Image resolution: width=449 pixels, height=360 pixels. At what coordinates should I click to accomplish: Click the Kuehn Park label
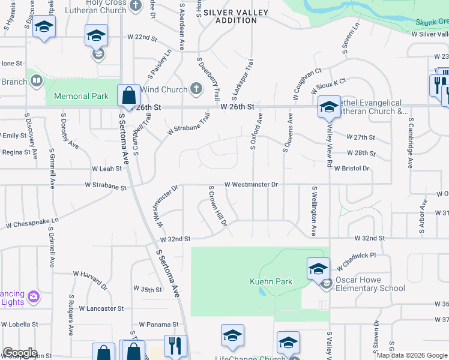pyautogui.click(x=271, y=281)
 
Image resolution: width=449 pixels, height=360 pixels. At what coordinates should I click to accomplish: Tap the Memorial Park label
pyautogui.click(x=81, y=96)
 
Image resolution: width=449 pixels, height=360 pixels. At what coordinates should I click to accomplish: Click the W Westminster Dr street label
pyautogui.click(x=252, y=185)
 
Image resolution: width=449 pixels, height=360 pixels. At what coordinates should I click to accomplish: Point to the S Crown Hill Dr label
pyautogui.click(x=217, y=206)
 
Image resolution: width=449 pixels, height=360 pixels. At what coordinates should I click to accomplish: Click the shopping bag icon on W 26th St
pyautogui.click(x=128, y=95)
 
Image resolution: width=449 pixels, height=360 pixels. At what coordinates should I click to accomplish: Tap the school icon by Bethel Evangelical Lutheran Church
pyautogui.click(x=329, y=107)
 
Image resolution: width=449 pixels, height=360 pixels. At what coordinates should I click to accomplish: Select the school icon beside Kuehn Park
pyautogui.click(x=318, y=268)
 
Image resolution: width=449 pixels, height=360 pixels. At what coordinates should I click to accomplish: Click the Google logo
pyautogui.click(x=20, y=353)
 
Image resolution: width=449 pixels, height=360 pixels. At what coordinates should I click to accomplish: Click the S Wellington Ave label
pyautogui.click(x=313, y=211)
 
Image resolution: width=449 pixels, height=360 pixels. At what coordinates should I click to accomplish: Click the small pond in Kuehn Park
pyautogui.click(x=262, y=291)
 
